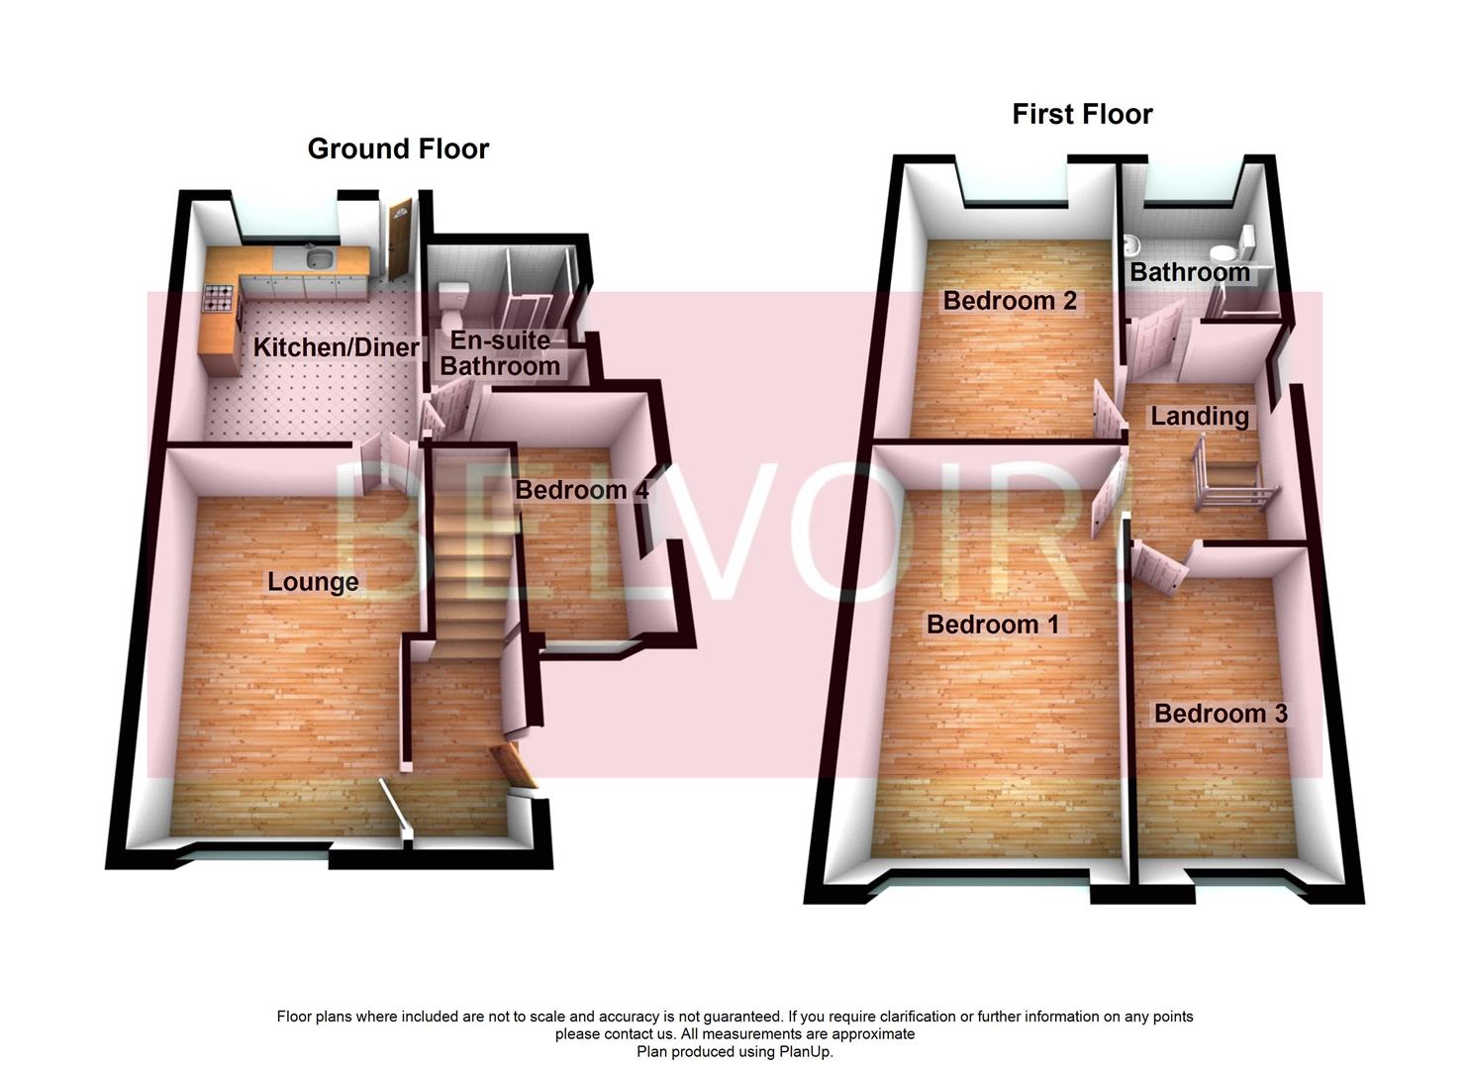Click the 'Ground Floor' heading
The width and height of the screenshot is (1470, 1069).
[398, 148]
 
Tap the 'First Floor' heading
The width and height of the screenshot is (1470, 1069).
[1082, 115]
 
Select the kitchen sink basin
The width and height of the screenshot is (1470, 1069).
[319, 259]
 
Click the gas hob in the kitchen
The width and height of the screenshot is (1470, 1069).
[218, 297]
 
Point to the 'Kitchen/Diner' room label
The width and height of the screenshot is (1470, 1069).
[336, 347]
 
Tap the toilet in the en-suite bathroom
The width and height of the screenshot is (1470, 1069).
[454, 296]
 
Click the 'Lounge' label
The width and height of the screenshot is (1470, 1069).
[313, 581]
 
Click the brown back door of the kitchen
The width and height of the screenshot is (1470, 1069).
[399, 239]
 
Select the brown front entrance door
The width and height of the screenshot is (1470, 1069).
[515, 766]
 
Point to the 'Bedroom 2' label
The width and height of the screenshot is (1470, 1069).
[1010, 301]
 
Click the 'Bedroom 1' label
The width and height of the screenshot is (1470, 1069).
[993, 625]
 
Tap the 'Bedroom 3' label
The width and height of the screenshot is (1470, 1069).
[1221, 714]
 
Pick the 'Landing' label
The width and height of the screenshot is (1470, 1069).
[1199, 417]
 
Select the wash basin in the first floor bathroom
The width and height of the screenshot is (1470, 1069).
[1129, 243]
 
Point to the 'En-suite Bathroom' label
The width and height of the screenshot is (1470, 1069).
[501, 353]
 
